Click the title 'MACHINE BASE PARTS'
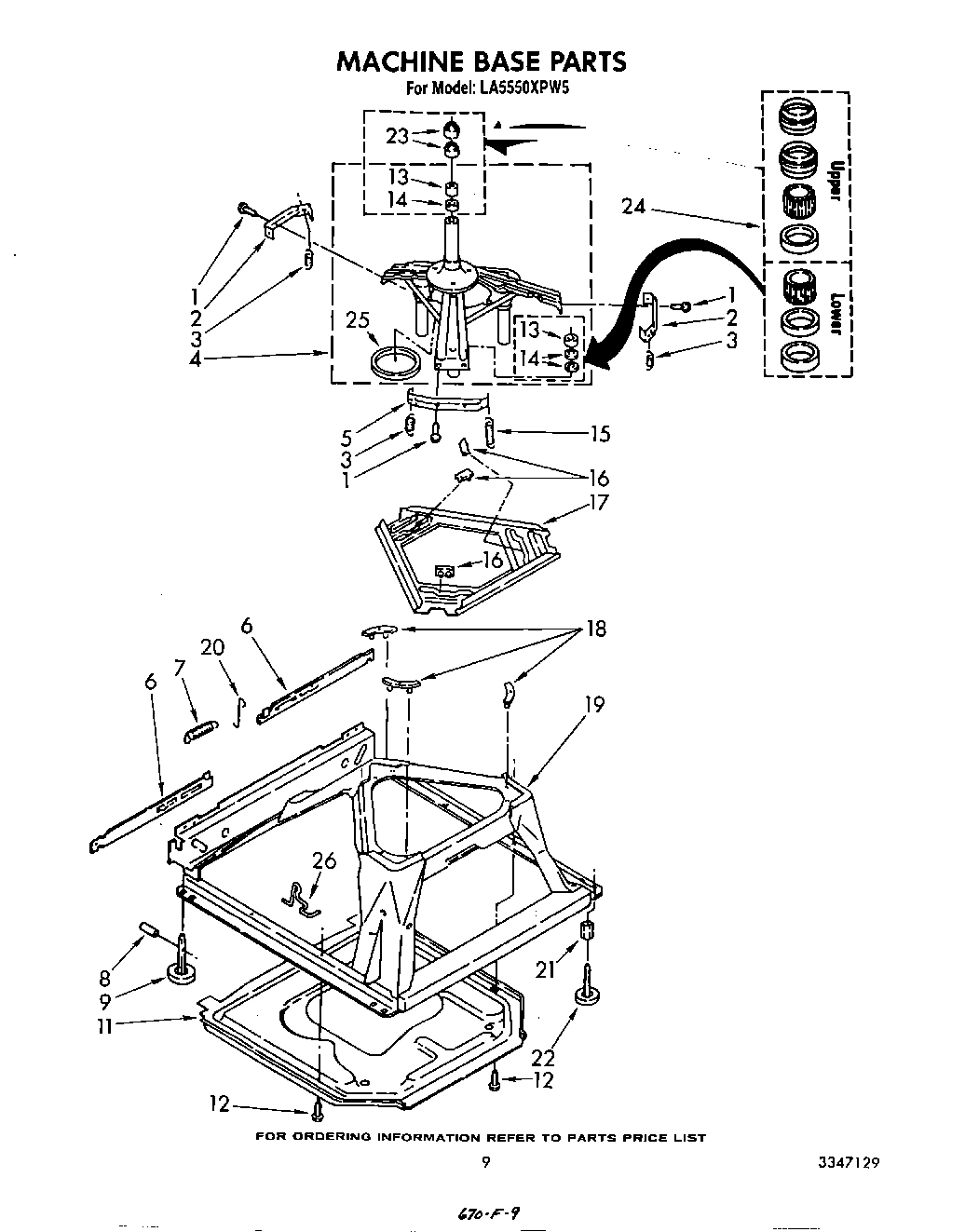coord(481,61)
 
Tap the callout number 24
coord(634,207)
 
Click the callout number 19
coord(593,705)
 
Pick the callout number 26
coord(323,861)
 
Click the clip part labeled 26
coord(300,896)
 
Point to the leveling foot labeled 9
coord(180,972)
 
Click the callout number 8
coord(103,978)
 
